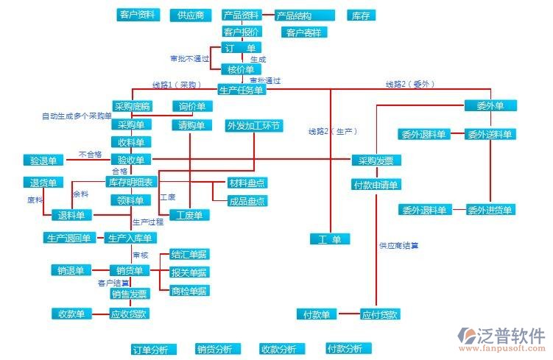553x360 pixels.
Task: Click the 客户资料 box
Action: [138, 15]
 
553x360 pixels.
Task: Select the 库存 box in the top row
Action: [360, 15]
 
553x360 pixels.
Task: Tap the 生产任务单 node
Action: [241, 90]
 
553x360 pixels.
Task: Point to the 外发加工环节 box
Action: [254, 125]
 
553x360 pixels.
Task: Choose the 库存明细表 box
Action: [132, 182]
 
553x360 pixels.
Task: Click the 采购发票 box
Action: [376, 161]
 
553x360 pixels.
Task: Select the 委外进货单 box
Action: [490, 210]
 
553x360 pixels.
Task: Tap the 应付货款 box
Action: [381, 314]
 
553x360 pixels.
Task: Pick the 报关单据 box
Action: [189, 272]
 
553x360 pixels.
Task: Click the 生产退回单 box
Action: [68, 238]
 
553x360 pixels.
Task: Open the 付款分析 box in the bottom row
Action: [345, 348]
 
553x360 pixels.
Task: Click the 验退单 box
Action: [43, 160]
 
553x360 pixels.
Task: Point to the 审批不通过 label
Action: [189, 58]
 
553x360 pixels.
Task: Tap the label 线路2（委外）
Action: [410, 84]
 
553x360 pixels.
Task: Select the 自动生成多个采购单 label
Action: [76, 116]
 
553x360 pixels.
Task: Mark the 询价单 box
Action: [191, 106]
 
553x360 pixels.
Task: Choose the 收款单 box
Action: [71, 314]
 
